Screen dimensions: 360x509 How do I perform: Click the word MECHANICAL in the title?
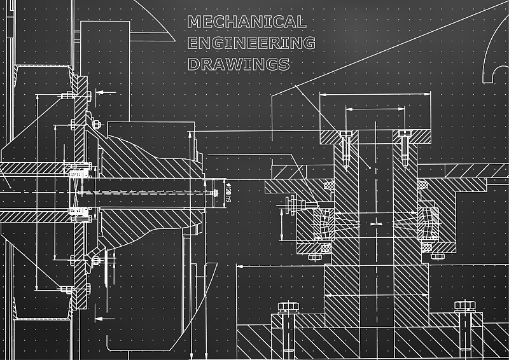pyautogui.click(x=247, y=22)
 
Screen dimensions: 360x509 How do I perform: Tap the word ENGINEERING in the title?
pyautogui.click(x=251, y=43)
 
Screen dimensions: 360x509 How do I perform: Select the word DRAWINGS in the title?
pyautogui.click(x=239, y=64)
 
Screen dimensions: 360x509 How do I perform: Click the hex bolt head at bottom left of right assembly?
pyautogui.click(x=288, y=307)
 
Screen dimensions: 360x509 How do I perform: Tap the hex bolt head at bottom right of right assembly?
pyautogui.click(x=464, y=306)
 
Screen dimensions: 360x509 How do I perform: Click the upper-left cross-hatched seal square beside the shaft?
pyautogui.click(x=329, y=185)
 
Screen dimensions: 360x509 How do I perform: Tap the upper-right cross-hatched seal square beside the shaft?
pyautogui.click(x=421, y=184)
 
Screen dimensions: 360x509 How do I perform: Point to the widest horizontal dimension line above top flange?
pyautogui.click(x=375, y=95)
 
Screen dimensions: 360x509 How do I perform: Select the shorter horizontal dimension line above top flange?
pyautogui.click(x=375, y=109)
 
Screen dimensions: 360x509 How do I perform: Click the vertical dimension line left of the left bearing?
pyautogui.click(x=282, y=223)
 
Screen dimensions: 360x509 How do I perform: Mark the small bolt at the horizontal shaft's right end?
pyautogui.click(x=211, y=191)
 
